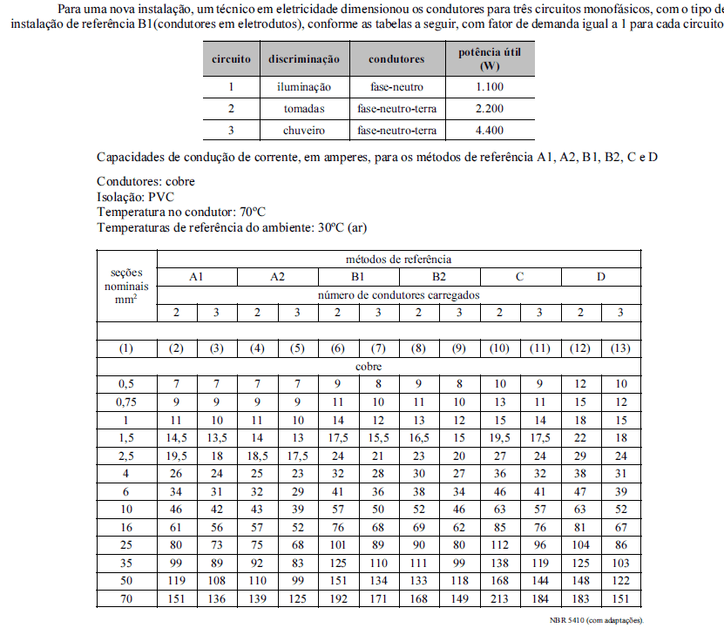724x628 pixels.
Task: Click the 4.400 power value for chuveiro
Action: [491, 131]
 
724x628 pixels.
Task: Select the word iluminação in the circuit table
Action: [304, 87]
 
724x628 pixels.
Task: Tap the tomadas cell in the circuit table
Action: [304, 109]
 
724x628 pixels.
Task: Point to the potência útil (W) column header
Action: [491, 59]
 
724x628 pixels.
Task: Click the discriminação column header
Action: [304, 59]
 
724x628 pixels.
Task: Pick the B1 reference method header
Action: [358, 277]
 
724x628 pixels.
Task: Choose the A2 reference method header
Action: [277, 277]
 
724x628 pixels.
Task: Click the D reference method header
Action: [601, 277]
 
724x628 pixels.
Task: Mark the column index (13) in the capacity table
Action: [621, 348]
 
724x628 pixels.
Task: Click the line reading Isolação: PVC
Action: [137, 197]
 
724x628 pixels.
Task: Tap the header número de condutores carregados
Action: [398, 294]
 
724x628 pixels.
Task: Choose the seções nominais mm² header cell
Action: [126, 285]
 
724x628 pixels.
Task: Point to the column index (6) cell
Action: [337, 348]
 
